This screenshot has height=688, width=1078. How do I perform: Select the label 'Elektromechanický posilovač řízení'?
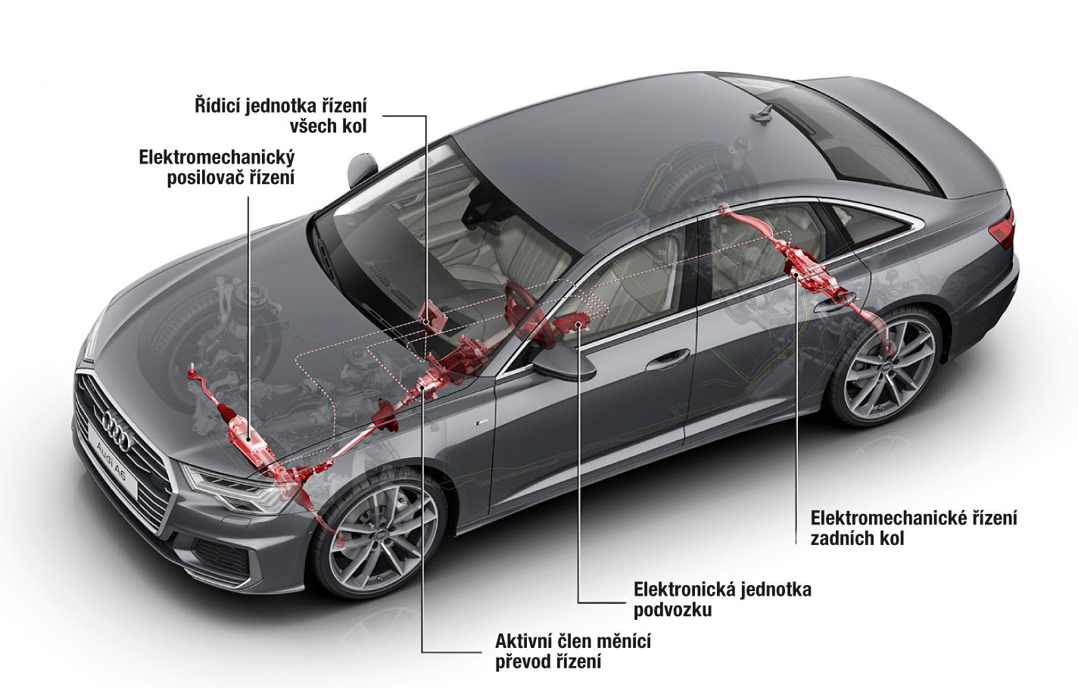pyautogui.click(x=217, y=167)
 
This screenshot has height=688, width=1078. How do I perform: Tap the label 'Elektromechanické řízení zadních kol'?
pyautogui.click(x=914, y=528)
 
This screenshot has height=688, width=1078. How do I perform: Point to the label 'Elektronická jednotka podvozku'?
pyautogui.click(x=722, y=599)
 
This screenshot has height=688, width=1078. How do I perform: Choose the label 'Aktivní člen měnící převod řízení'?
pyautogui.click(x=573, y=652)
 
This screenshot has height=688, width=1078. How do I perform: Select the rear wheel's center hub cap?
pyautogui.click(x=887, y=367)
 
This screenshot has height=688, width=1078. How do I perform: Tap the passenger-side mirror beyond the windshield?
pyautogui.click(x=361, y=168)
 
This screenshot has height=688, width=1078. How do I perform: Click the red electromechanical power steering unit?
pyautogui.click(x=245, y=437)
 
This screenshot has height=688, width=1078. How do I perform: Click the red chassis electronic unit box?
pyautogui.click(x=572, y=322)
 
